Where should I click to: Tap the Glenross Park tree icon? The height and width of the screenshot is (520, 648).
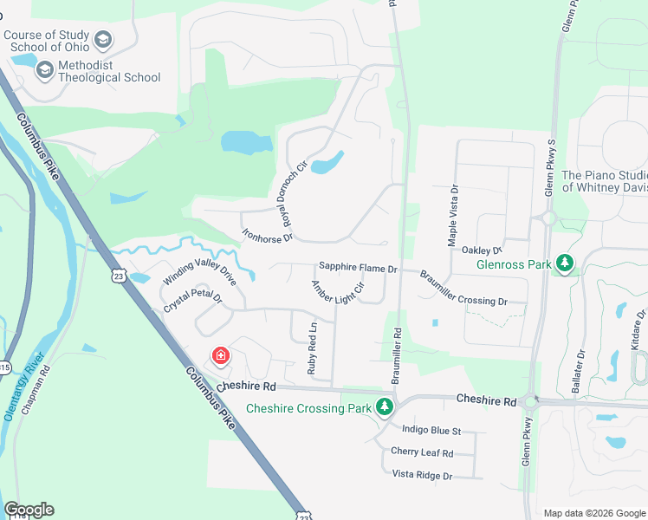[565, 263]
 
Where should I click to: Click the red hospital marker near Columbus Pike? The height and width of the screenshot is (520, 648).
[221, 356]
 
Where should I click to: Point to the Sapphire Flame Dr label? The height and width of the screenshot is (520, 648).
[358, 270]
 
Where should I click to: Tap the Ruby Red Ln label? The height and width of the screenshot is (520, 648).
[313, 348]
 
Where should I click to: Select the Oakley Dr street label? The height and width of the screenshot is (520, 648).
[482, 250]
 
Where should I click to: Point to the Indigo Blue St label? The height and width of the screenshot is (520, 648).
[431, 430]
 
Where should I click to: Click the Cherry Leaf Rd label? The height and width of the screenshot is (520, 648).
[422, 452]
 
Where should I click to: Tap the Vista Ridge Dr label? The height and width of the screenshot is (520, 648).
[423, 475]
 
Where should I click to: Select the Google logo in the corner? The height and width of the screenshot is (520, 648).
[29, 510]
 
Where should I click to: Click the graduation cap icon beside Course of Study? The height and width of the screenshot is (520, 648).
[103, 40]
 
